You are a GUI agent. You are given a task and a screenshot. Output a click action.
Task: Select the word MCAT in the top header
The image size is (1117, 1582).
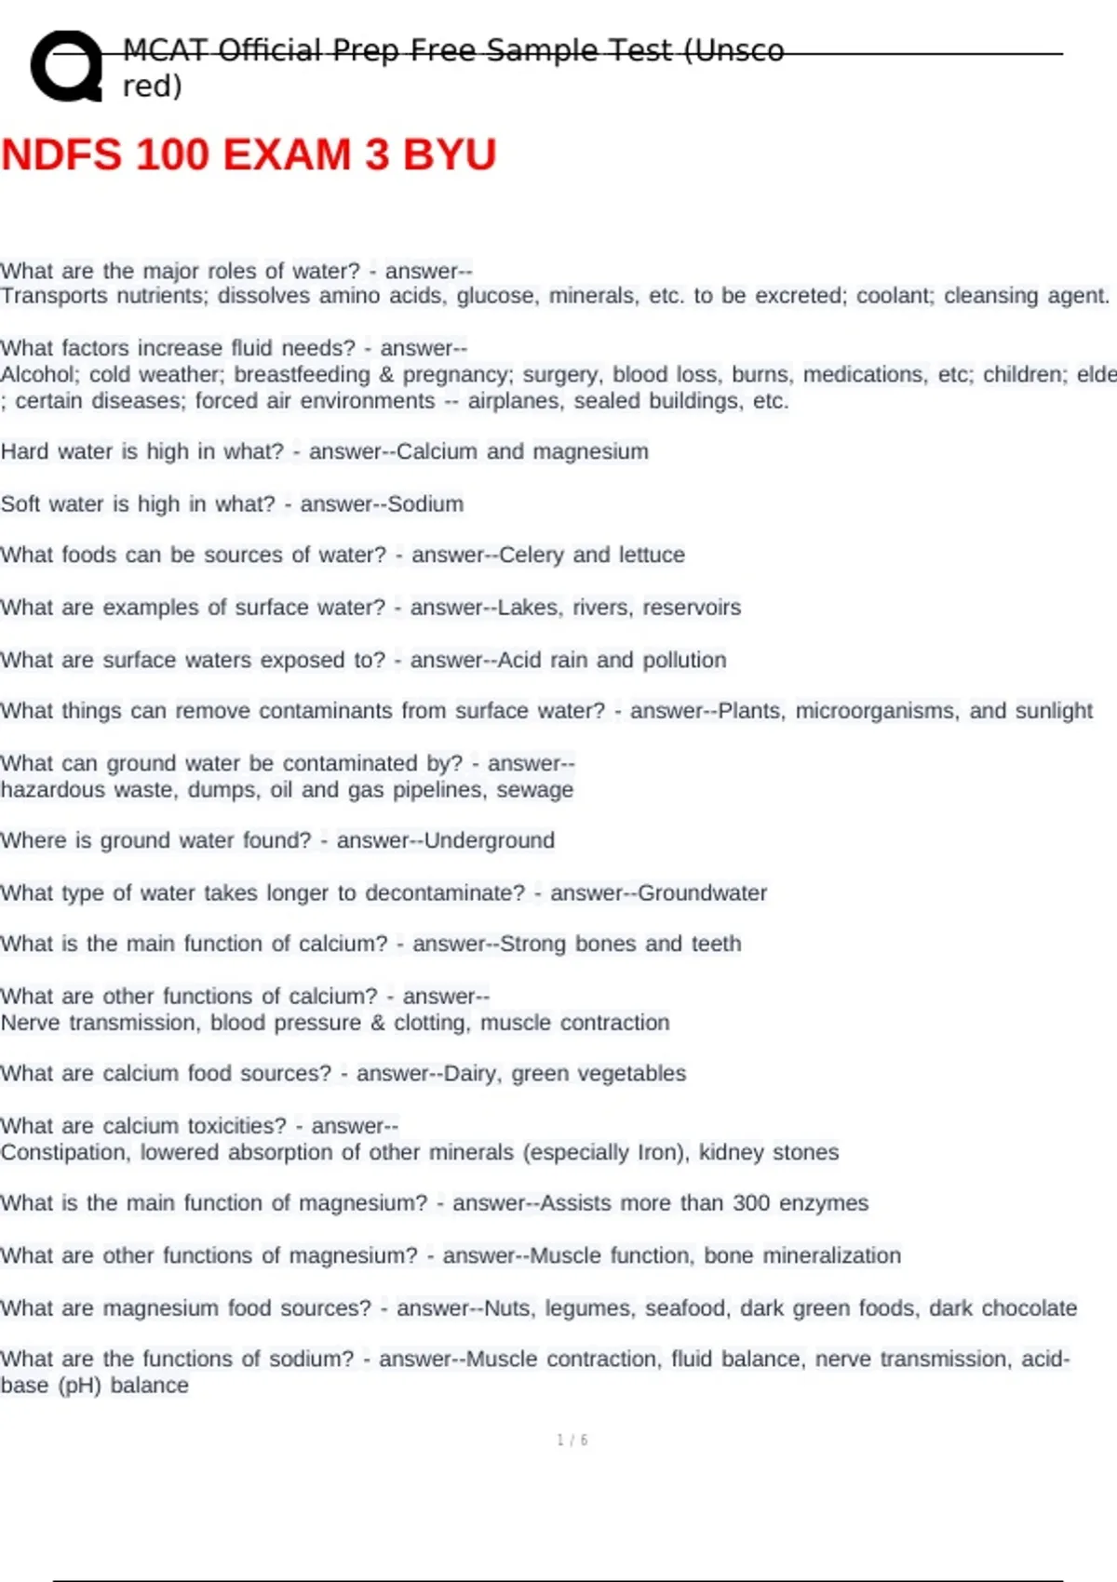point(157,50)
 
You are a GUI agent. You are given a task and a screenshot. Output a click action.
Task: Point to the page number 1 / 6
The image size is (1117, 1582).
point(572,1441)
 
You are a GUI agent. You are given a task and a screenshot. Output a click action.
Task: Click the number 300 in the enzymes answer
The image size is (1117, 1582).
point(751,1203)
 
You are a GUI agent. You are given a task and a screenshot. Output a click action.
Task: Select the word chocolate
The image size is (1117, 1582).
point(1030,1308)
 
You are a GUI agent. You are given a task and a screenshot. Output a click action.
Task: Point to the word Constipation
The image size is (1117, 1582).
point(64,1153)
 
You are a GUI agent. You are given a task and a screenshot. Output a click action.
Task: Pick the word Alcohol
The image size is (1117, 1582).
point(36,375)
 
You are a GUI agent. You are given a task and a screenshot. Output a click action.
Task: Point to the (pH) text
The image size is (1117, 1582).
point(79,1386)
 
